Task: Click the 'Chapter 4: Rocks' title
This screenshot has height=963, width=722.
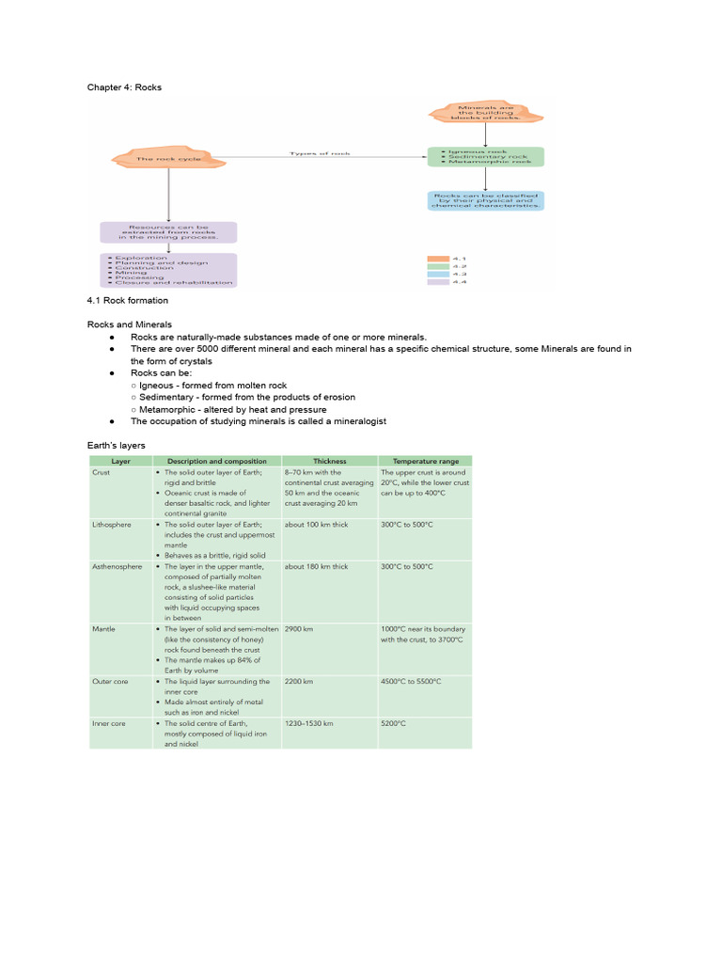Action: (125, 87)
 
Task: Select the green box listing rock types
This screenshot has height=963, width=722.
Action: (485, 156)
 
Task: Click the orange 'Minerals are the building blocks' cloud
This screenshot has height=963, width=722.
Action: (485, 112)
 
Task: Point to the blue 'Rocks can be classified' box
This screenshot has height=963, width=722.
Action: (485, 200)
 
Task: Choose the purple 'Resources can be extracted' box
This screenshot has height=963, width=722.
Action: (168, 232)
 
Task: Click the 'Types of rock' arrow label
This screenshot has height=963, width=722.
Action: (320, 152)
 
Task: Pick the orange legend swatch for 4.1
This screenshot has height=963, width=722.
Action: (438, 258)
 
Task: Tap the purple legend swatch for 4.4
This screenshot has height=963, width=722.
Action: (438, 281)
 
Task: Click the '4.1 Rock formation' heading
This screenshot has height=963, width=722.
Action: (128, 301)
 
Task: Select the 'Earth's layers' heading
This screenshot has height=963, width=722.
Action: (117, 445)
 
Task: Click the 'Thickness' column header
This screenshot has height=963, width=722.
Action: (329, 461)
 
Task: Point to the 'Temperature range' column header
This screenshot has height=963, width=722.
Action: (425, 461)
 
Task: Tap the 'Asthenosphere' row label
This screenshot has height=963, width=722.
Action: (118, 567)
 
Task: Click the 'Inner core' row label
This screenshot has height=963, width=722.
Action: (109, 723)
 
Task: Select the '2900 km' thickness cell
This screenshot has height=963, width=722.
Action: (300, 628)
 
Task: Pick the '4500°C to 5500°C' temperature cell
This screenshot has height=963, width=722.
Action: (411, 681)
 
